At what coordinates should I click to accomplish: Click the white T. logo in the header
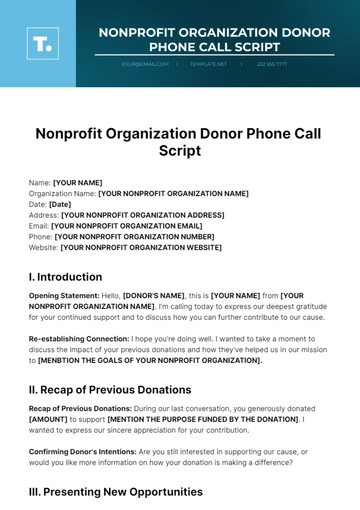42,42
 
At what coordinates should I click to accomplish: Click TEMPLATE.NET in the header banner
208,63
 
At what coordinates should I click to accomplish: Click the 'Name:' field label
40,183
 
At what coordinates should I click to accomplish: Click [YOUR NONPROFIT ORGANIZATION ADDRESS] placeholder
142,215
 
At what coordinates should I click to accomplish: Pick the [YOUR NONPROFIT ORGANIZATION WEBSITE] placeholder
141,247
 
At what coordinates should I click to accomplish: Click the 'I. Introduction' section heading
66,277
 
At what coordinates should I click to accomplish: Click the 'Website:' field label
44,247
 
